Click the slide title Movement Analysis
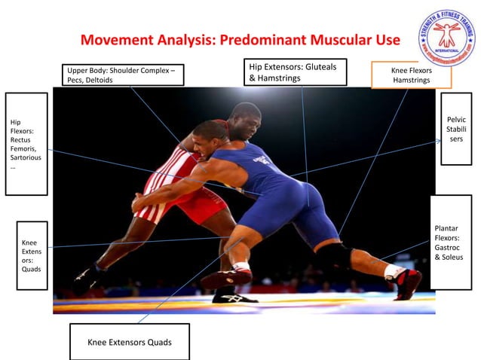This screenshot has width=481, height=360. (240, 39)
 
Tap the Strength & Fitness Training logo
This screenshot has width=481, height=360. (447, 37)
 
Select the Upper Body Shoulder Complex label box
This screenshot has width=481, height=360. (124, 75)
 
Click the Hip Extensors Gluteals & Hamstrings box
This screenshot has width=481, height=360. (296, 72)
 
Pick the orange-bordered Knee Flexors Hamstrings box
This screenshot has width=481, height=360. (411, 75)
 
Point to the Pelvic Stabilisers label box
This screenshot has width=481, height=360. (456, 129)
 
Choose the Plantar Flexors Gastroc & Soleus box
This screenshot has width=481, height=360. (450, 242)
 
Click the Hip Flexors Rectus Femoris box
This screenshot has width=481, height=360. (26, 144)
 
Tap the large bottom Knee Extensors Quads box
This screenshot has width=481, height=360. (129, 342)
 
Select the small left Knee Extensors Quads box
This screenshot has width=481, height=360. (32, 255)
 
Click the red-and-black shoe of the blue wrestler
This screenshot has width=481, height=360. (407, 284)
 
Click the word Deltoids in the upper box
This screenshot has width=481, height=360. (98, 81)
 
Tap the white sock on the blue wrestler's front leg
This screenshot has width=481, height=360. (241, 267)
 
